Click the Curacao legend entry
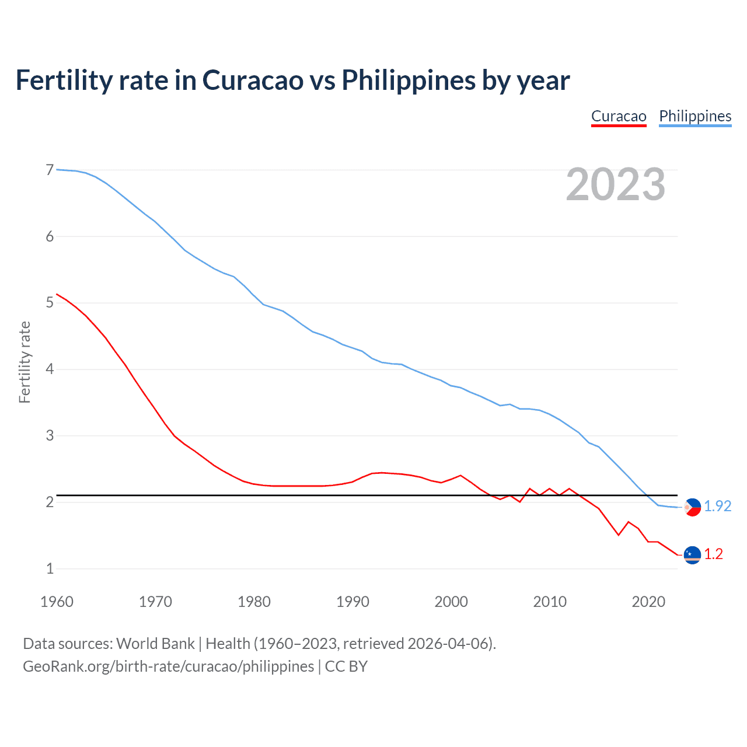point(619,116)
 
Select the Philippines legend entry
point(695,116)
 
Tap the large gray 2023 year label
point(616,184)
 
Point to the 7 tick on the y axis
point(50,170)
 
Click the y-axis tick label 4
point(50,369)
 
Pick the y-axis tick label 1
point(50,568)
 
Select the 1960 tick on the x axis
point(57,602)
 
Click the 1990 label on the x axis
point(352,602)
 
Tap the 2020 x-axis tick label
point(648,602)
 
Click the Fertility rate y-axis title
point(25,362)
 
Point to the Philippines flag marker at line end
point(692,507)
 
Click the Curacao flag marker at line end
point(692,554)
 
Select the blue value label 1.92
point(717,506)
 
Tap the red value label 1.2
point(713,554)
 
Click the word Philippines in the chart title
point(408,80)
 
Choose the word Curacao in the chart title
point(253,80)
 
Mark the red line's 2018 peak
point(629,522)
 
